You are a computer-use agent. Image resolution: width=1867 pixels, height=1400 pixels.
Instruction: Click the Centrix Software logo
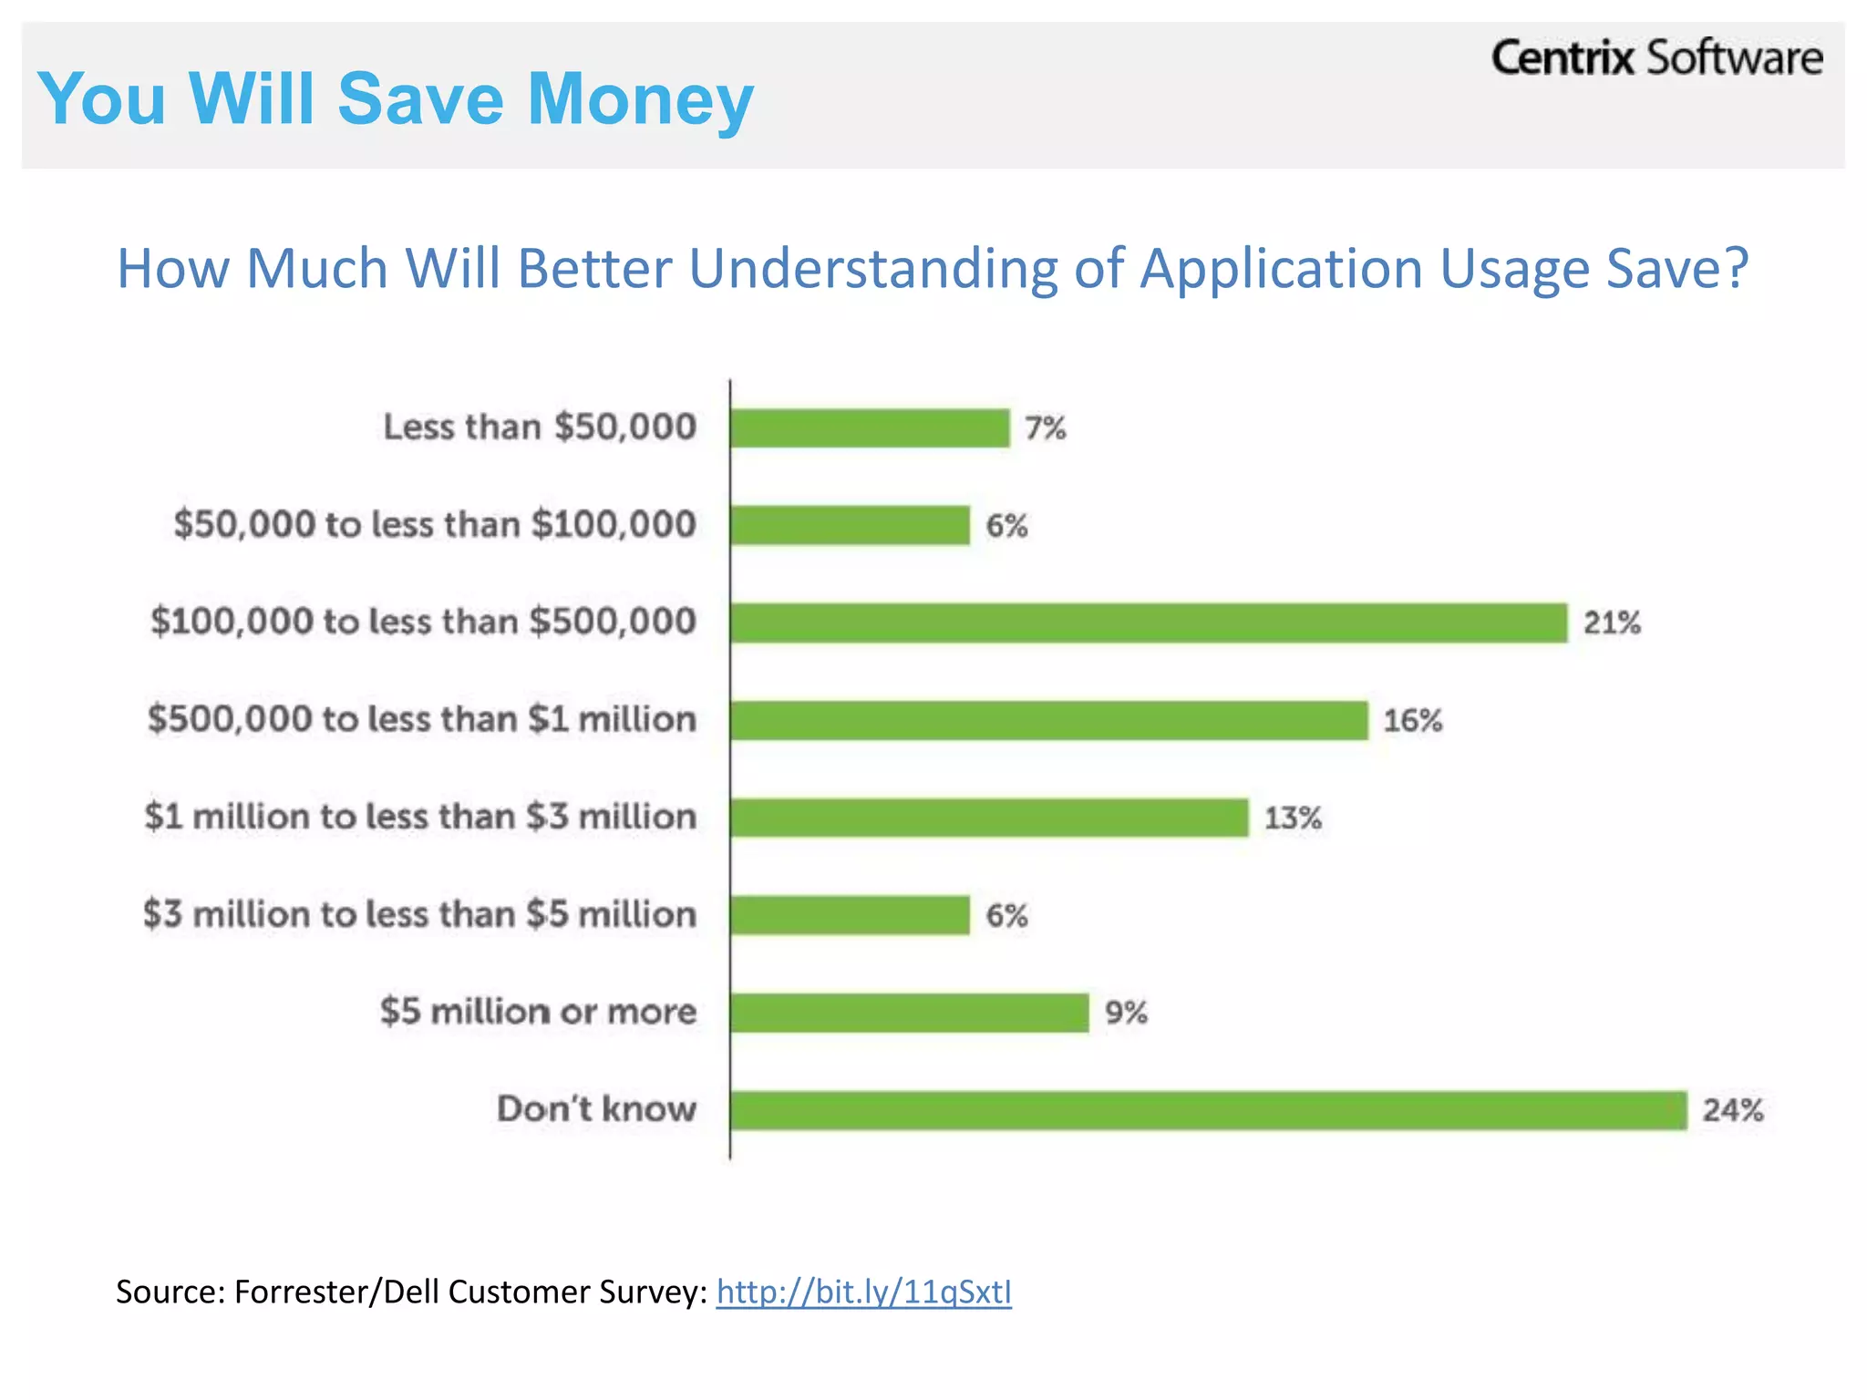(x=1656, y=58)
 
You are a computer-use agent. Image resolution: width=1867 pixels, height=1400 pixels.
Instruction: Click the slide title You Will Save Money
(x=395, y=98)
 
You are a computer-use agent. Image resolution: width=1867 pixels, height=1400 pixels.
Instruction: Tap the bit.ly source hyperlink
(x=863, y=1292)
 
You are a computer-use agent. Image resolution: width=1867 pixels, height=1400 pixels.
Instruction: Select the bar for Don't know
(x=1208, y=1110)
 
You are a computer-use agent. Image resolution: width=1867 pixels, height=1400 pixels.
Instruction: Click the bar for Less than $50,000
(x=870, y=428)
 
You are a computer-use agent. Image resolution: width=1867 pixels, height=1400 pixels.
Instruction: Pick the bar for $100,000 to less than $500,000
(x=1149, y=623)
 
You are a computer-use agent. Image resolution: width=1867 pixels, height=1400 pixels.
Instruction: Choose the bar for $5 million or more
(x=909, y=1013)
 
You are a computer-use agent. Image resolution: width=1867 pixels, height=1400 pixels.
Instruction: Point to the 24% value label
(x=1732, y=1110)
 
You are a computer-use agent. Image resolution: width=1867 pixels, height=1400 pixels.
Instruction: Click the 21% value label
(x=1612, y=623)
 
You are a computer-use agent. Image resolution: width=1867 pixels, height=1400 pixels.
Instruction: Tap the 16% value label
(x=1412, y=721)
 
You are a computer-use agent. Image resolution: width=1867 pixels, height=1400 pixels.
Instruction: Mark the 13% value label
(x=1292, y=818)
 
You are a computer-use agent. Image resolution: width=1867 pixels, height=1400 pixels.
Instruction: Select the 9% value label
(x=1125, y=1013)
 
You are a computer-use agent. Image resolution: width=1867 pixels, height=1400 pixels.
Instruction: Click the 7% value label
(x=1045, y=428)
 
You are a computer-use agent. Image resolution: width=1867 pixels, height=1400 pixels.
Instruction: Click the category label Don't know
(x=596, y=1109)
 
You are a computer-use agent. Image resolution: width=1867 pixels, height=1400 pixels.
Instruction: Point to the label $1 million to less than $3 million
(x=420, y=817)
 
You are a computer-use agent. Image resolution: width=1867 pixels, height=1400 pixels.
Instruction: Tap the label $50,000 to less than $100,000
(x=435, y=525)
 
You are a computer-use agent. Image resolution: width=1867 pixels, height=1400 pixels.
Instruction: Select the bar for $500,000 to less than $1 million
(x=1048, y=721)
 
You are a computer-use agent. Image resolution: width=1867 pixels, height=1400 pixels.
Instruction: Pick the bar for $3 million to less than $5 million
(x=850, y=915)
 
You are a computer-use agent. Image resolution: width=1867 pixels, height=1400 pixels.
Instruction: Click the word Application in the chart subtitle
(x=1281, y=269)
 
